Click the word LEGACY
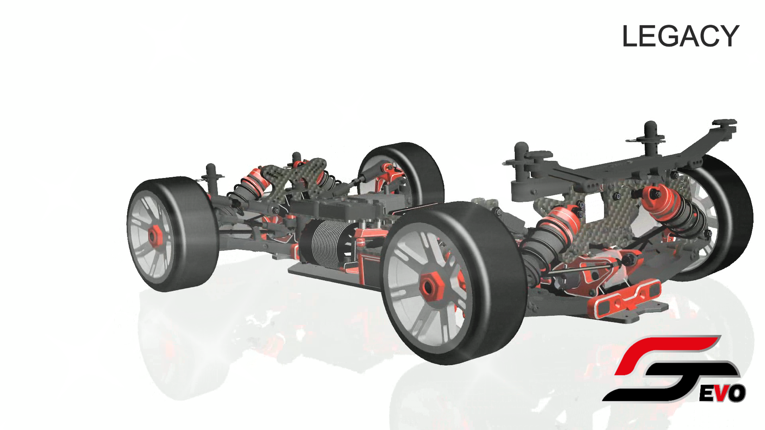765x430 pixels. [681, 36]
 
